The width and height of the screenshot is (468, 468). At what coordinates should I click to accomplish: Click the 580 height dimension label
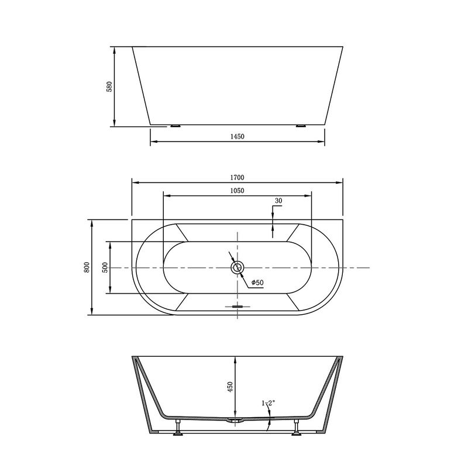(109, 87)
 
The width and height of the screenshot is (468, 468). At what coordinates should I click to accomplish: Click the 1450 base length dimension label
(238, 136)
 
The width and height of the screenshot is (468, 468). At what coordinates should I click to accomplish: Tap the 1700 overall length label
(238, 178)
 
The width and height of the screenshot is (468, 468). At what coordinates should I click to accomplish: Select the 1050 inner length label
(238, 191)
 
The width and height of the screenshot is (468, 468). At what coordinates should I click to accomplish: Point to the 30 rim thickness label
(278, 201)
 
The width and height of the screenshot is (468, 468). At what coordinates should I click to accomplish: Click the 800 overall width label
(87, 267)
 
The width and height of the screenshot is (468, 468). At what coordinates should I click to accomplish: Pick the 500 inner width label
(105, 267)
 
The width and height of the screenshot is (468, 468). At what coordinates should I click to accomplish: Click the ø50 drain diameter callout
(257, 283)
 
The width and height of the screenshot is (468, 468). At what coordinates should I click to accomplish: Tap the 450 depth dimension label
(230, 387)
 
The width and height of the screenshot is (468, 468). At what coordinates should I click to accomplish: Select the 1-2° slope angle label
(269, 403)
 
